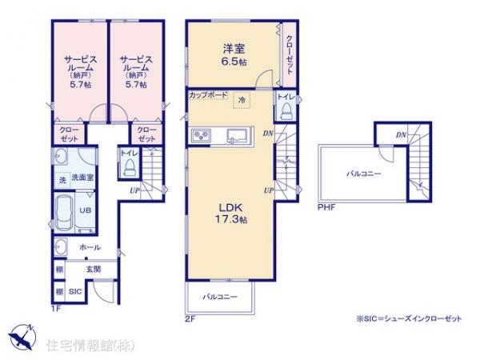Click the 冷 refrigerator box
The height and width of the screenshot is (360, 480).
point(241,100)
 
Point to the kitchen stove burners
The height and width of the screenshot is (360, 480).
point(201,134)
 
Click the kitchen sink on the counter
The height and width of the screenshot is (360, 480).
point(238,134)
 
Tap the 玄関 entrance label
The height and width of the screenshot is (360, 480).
point(94,270)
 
